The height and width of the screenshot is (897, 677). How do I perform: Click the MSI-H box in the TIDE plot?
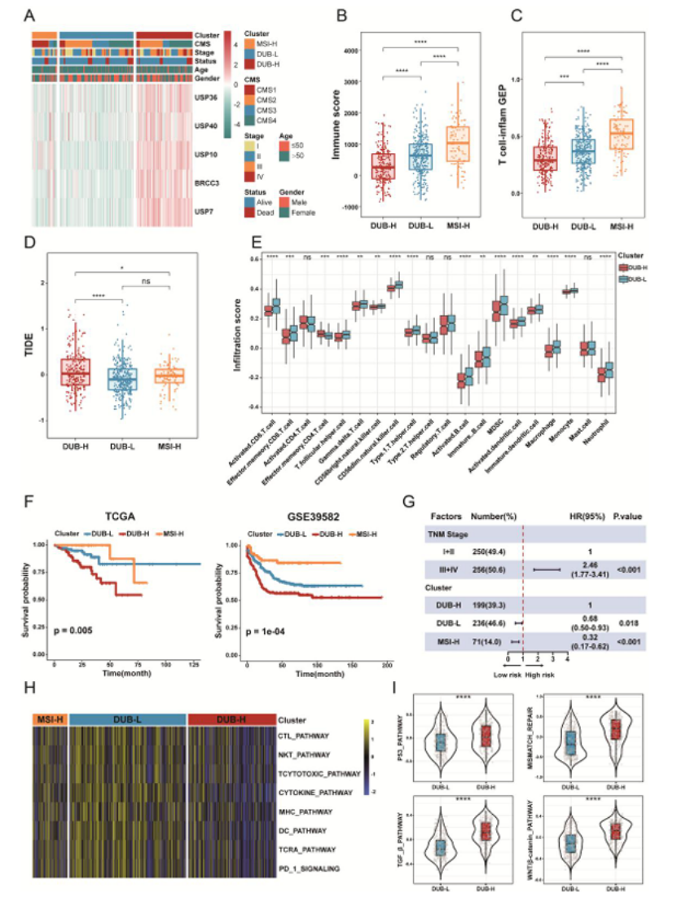(x=170, y=376)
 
